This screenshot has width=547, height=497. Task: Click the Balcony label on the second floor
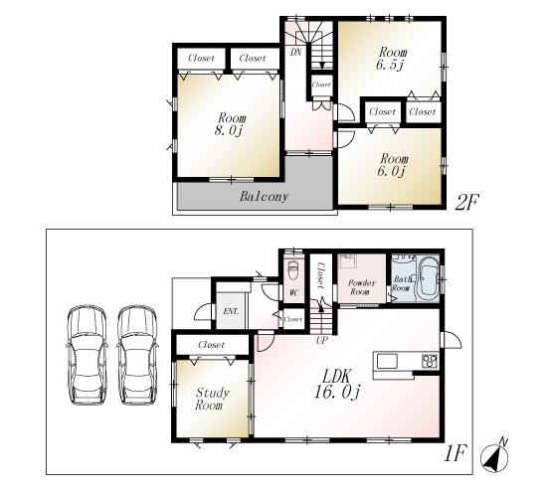(264, 197)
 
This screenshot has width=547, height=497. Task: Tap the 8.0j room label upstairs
(228, 123)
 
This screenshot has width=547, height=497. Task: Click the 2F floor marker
(468, 202)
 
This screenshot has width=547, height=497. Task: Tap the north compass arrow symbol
(495, 455)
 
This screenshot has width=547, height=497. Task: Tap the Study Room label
(211, 400)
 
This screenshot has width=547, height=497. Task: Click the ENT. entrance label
(231, 311)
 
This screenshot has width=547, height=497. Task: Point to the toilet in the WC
(292, 270)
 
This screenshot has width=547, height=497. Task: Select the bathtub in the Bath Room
(429, 274)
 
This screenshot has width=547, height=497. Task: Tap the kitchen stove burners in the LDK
(430, 361)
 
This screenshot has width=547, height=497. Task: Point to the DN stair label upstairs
(296, 51)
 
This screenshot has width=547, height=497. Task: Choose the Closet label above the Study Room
(211, 345)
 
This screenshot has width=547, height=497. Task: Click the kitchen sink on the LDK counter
(386, 361)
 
